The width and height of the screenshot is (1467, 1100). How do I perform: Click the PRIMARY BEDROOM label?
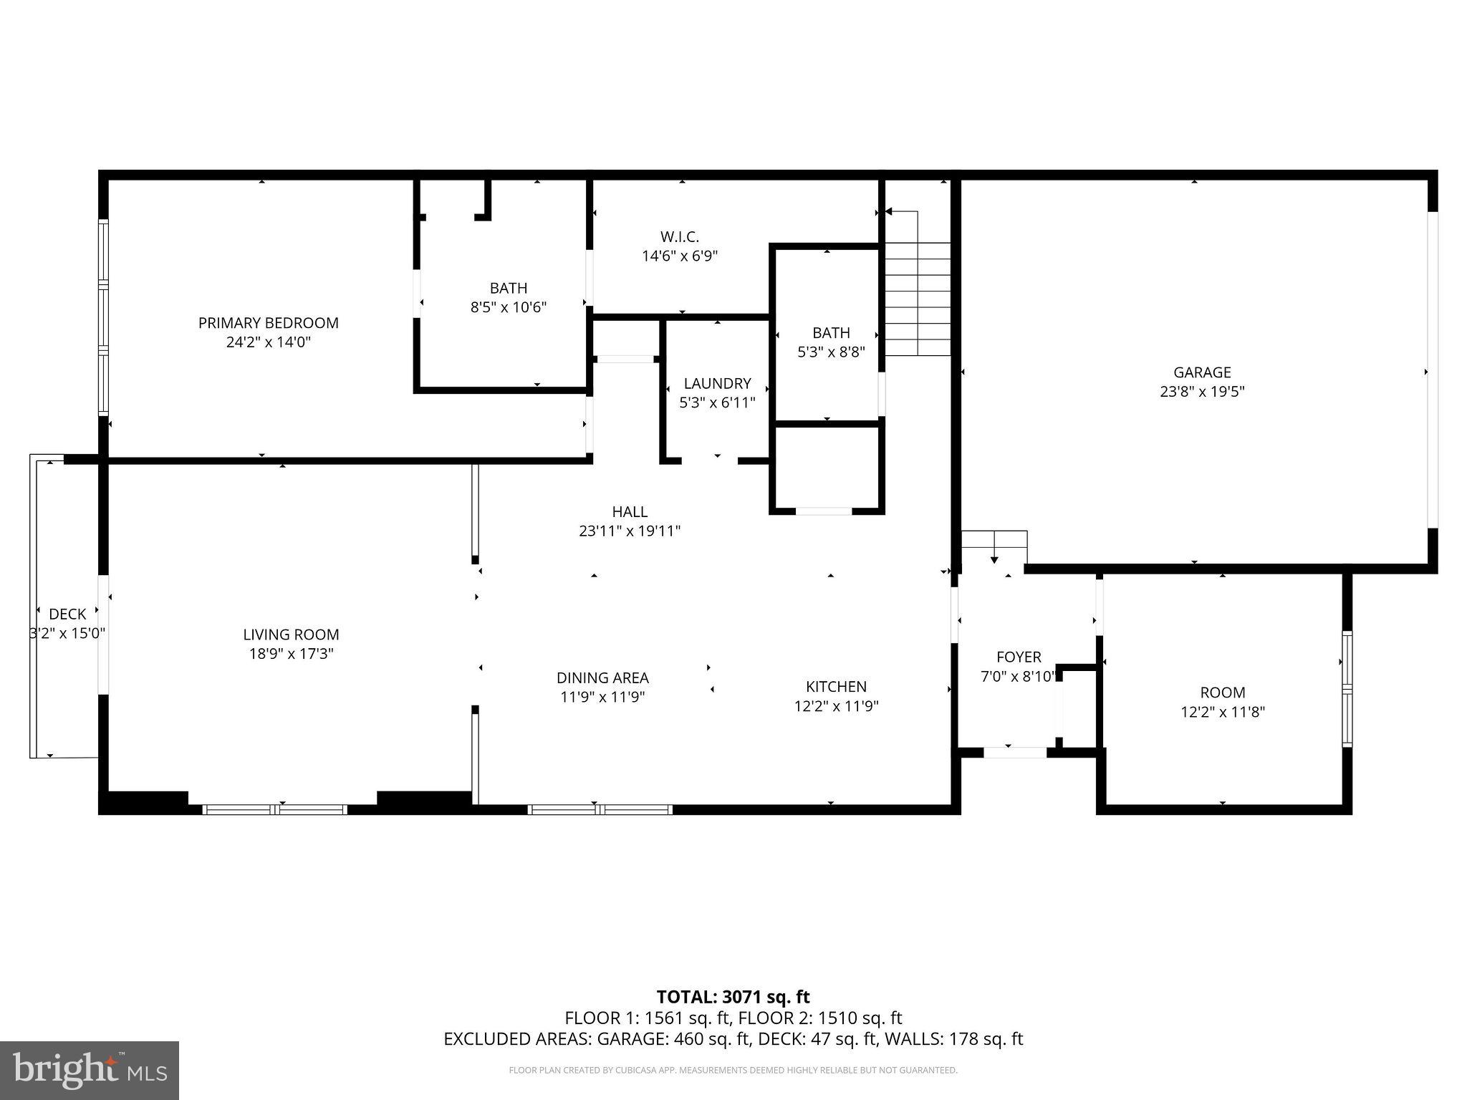268,323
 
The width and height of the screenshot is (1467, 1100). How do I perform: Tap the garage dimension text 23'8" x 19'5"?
1202,392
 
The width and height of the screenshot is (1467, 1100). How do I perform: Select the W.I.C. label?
679,236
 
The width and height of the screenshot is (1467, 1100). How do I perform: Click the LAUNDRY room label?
717,383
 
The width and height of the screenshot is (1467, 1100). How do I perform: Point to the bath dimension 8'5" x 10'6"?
508,307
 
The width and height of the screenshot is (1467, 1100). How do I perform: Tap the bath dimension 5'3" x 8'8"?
831,352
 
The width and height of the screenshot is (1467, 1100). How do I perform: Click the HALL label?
630,511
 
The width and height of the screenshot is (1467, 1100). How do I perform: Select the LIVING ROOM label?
291,634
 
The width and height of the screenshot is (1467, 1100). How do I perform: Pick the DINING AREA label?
602,677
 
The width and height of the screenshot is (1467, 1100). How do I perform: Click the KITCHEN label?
836,686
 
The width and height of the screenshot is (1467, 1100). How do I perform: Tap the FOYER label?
1019,657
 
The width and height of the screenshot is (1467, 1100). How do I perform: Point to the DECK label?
67,614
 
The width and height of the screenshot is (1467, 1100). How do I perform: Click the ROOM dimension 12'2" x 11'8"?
1223,712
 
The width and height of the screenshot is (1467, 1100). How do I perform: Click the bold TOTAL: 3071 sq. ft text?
733,997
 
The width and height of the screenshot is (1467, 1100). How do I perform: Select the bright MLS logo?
90,1071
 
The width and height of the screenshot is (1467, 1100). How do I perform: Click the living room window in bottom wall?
275,810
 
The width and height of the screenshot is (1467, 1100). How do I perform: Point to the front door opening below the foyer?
1014,753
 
